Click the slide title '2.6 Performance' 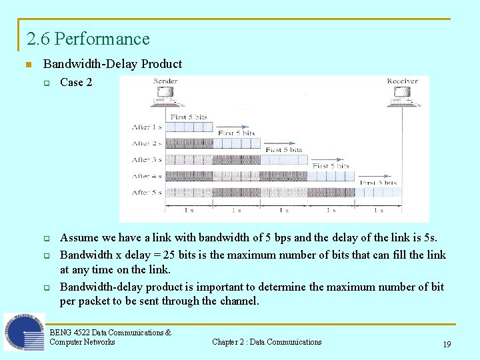coord(88,39)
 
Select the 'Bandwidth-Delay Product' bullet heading coord(112,64)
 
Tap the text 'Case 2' coord(76,83)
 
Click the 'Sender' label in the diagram coord(165,81)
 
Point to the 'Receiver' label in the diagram coord(402,81)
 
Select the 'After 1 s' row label coord(147,127)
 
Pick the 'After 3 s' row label coord(147,160)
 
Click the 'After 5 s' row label coord(147,193)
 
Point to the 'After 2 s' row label coord(147,143)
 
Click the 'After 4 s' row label coord(147,177)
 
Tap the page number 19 coord(446,345)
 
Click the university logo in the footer coord(24,333)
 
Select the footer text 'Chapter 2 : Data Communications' coord(267,342)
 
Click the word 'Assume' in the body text coord(78,238)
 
